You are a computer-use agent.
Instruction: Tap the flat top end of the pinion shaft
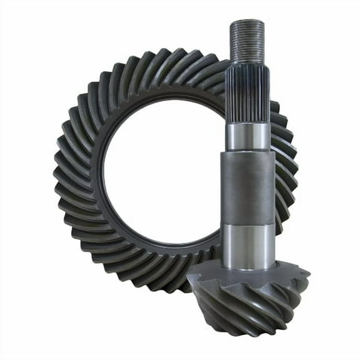(x=247, y=22)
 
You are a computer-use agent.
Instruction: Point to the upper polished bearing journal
(x=248, y=136)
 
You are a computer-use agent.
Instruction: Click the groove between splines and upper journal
(x=248, y=122)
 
